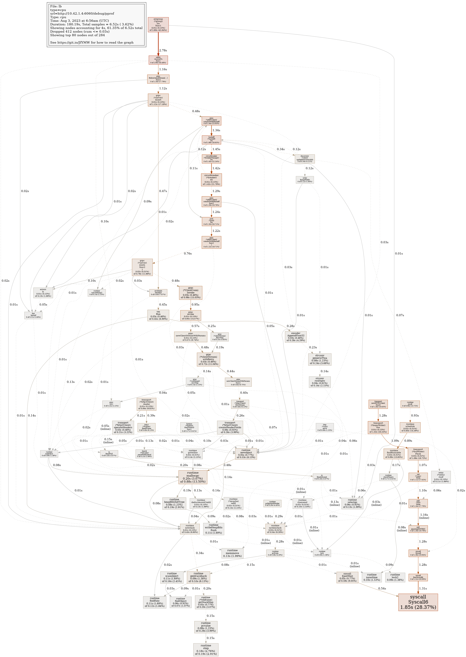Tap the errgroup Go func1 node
click(158, 25)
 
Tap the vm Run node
click(158, 315)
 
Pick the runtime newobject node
click(246, 454)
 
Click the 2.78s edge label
click(163, 51)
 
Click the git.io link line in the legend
click(92, 42)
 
